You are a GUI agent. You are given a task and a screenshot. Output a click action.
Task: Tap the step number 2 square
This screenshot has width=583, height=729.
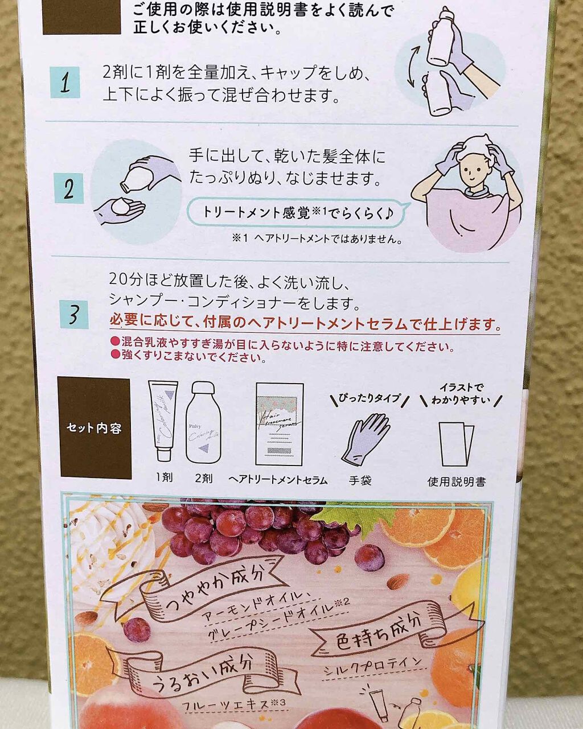point(69,188)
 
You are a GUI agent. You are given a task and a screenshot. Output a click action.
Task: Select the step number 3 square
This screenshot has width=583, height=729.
point(74,314)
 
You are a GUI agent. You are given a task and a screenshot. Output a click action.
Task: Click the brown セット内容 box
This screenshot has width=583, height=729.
point(94,427)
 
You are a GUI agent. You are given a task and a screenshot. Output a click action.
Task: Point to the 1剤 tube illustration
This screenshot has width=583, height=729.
point(163,420)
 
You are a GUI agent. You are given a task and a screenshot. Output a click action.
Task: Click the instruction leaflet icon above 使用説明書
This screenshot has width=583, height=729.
point(457,443)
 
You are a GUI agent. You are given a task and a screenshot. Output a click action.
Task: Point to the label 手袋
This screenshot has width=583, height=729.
point(360,480)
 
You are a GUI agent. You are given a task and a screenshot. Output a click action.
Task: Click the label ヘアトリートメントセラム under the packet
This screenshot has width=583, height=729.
point(278,480)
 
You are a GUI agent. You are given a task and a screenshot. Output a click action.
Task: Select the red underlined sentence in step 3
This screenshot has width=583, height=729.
point(305,324)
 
